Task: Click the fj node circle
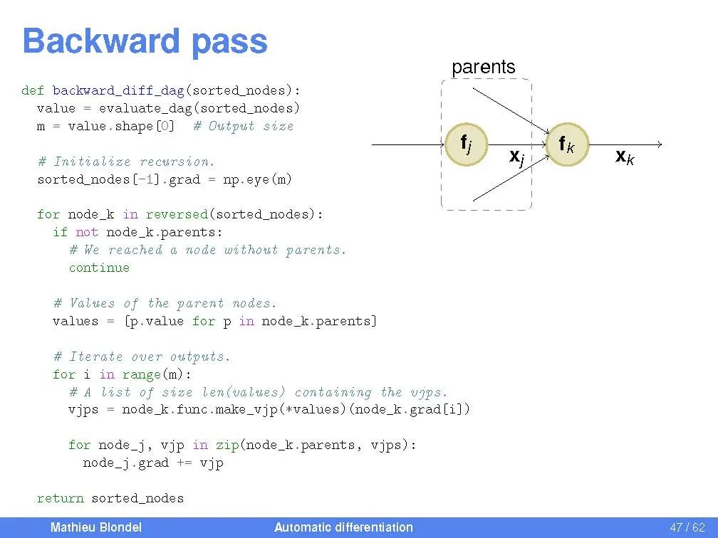point(465,145)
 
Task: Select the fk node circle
point(567,145)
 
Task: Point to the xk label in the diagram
point(625,157)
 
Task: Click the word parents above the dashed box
point(483,67)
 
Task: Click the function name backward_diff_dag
point(118,90)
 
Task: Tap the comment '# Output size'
point(243,126)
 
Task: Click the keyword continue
point(99,268)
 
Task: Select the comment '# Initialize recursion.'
point(126,162)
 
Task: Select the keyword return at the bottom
point(60,498)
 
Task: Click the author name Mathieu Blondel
point(95,527)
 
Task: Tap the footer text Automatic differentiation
point(343,527)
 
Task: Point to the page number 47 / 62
point(687,527)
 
